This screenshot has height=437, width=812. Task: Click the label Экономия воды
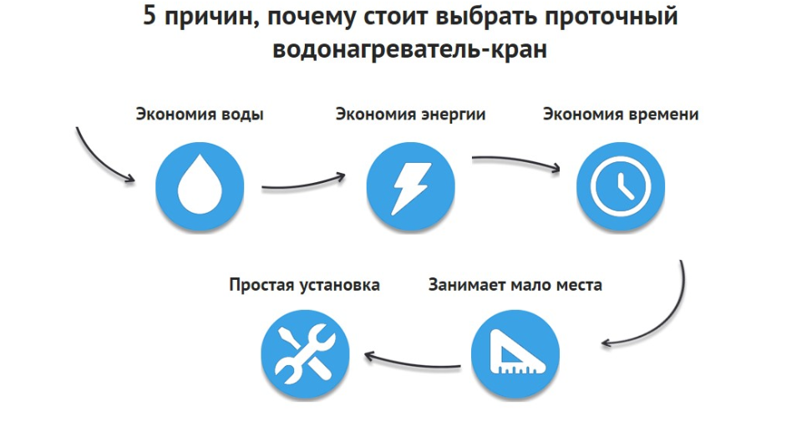200,114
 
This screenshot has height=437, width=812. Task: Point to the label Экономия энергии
410,114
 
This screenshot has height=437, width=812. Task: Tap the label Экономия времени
620,114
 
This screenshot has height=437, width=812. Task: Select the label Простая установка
304,285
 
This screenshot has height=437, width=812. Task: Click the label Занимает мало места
515,285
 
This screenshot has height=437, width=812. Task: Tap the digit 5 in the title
150,18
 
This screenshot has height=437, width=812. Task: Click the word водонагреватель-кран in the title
409,49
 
